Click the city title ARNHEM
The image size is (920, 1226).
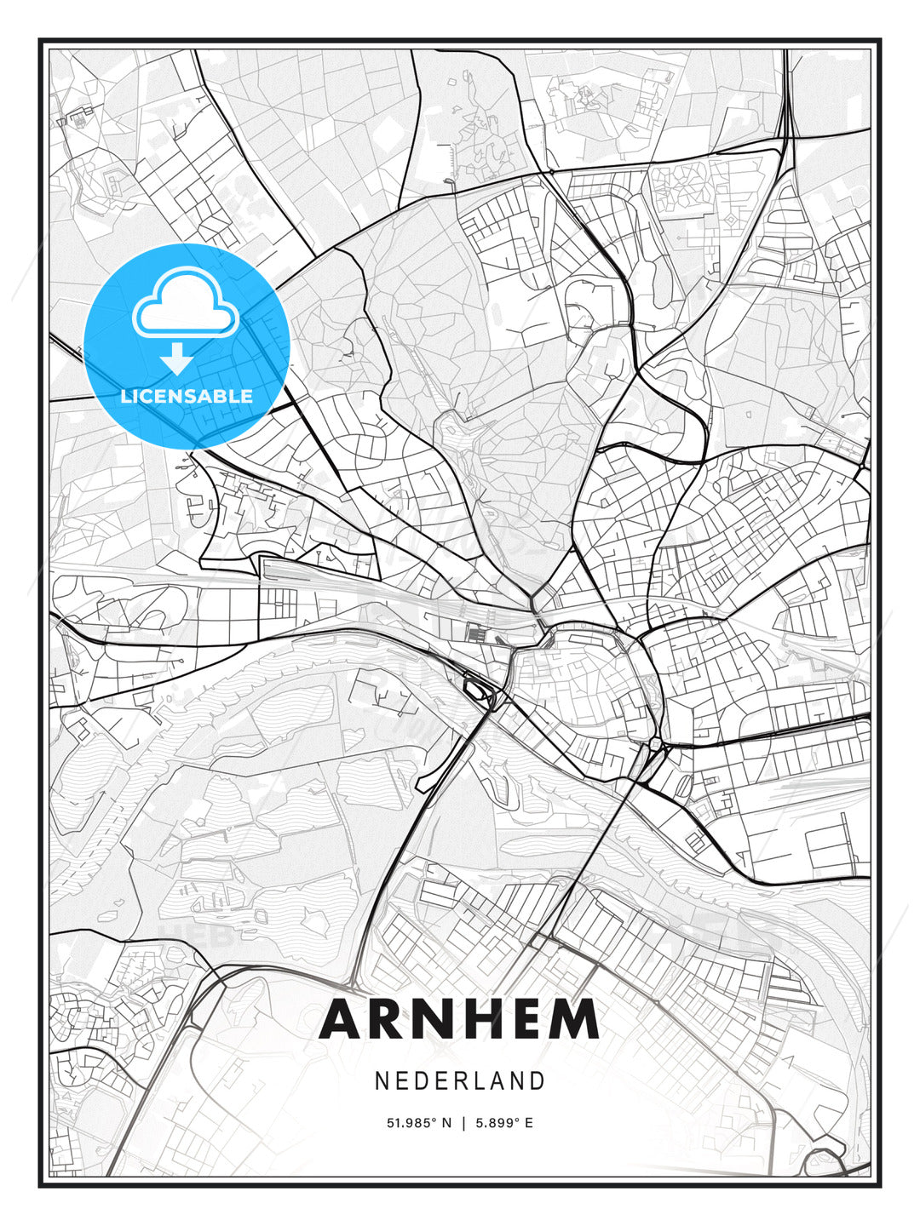point(459,1019)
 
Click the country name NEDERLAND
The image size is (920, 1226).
point(459,1080)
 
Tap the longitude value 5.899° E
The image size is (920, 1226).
point(504,1123)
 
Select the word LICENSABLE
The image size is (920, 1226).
point(187,396)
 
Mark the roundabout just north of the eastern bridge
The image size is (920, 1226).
point(655,745)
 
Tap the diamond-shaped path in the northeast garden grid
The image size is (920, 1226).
point(730,221)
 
